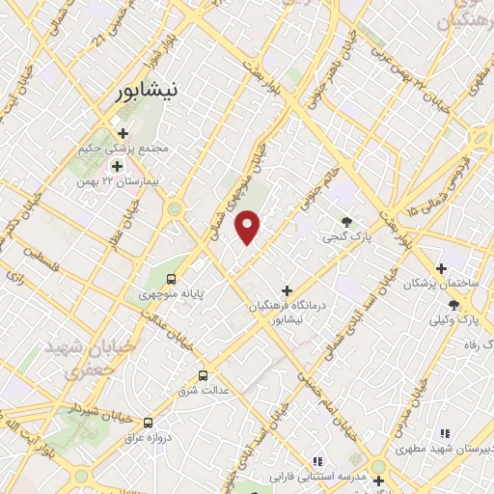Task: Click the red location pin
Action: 249,226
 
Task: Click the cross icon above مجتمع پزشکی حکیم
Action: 123,133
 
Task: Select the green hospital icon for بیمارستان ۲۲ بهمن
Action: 117,166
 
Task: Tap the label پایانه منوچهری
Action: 172,291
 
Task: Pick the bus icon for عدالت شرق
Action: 203,375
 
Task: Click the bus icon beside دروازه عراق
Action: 148,423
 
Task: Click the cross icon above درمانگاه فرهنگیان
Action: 287,289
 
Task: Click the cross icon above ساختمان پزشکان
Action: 441,268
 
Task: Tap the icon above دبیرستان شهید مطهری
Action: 444,434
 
